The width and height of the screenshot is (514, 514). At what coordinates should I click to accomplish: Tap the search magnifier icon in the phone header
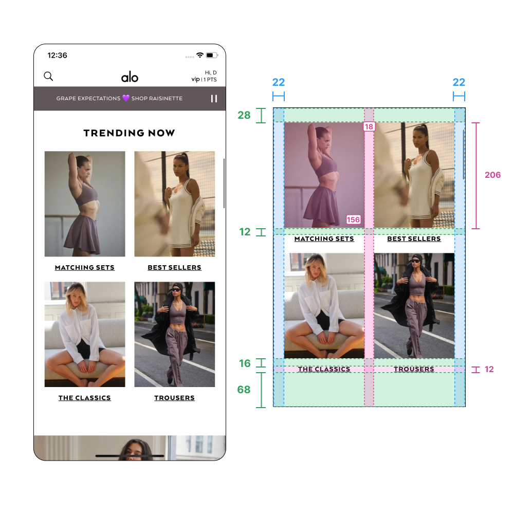point(48,77)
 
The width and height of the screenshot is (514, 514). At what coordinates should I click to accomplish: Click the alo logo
point(130,77)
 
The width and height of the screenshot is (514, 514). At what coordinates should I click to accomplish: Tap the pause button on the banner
point(214,99)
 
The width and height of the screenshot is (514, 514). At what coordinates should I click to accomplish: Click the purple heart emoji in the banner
point(126,98)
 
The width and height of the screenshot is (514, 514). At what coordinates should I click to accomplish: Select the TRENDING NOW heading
point(129,133)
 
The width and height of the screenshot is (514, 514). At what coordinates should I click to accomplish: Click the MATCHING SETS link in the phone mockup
point(85,268)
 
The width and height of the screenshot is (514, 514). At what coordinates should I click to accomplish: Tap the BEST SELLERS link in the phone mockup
point(174,268)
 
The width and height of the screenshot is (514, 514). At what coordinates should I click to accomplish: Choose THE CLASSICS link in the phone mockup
point(85,398)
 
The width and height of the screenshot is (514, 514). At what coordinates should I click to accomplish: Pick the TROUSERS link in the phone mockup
point(174,398)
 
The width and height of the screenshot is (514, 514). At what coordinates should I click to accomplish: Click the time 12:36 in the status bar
point(58,56)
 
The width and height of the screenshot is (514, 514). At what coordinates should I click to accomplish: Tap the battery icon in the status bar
point(212,55)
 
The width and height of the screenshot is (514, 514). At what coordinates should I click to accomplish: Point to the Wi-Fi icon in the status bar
point(199,55)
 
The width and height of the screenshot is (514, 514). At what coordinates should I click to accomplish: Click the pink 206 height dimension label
point(493,175)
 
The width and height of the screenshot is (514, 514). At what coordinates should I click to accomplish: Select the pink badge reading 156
point(354,219)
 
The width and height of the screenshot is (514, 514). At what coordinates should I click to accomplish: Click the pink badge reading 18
point(369,126)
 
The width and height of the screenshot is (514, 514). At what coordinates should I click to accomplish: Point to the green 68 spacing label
point(244,390)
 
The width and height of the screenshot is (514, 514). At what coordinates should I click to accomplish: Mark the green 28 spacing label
point(244,115)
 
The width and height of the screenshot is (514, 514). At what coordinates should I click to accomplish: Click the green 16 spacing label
point(245,363)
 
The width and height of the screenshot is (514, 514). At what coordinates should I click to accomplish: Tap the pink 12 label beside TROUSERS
point(489,370)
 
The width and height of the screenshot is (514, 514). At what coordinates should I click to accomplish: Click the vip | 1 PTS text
point(204,79)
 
